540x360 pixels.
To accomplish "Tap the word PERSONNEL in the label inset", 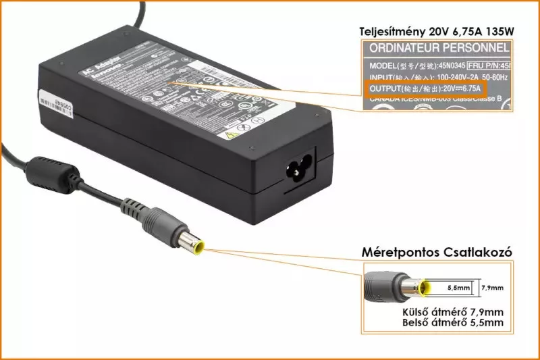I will coord(481,49).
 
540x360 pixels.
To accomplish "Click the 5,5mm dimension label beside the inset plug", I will coord(458,288).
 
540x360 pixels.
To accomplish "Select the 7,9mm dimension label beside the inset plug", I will coord(493,288).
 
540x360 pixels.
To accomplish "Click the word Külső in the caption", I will coord(416,312).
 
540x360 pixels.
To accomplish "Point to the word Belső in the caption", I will coord(418,323).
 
